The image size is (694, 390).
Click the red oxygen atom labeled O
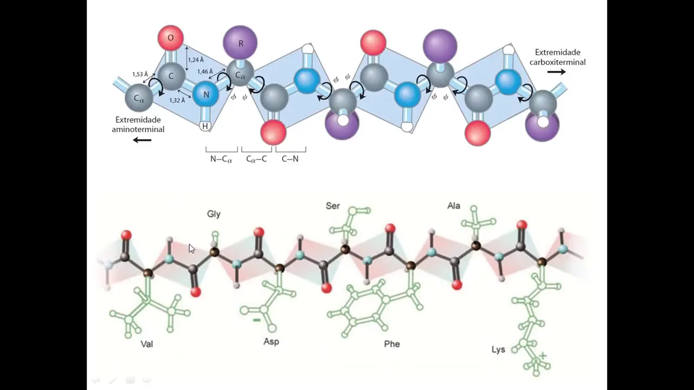(170, 38)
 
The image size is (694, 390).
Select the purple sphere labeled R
(240, 43)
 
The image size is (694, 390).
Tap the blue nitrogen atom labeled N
(205, 94)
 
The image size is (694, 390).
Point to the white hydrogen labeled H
(205, 126)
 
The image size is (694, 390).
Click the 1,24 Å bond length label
(196, 60)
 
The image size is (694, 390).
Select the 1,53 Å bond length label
(140, 74)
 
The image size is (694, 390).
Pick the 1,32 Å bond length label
(177, 100)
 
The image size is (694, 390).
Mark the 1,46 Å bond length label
(205, 71)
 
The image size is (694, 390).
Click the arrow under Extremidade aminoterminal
(142, 140)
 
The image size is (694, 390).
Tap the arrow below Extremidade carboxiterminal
(556, 72)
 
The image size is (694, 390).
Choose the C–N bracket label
(290, 159)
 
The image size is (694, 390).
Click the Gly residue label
(214, 214)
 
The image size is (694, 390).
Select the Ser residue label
(333, 206)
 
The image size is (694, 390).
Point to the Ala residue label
(454, 206)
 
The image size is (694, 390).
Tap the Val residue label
(146, 343)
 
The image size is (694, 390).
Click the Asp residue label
(271, 341)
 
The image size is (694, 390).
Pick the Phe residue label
(391, 343)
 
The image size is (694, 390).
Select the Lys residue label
(498, 349)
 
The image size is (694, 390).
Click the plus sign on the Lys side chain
(543, 356)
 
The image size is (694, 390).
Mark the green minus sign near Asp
(256, 320)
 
